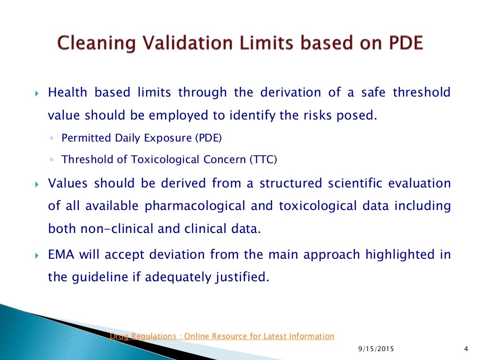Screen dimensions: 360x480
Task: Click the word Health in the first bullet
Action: click(67, 92)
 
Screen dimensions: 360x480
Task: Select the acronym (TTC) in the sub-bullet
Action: click(262, 159)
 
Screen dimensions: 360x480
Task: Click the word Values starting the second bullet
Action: click(68, 183)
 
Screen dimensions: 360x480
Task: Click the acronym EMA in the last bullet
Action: click(61, 255)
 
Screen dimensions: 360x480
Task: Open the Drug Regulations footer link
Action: click(222, 336)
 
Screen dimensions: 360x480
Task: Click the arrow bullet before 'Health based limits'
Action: click(38, 93)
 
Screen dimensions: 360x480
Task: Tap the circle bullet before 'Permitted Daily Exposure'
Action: click(51, 138)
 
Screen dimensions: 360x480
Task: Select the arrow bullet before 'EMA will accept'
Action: click(38, 255)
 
